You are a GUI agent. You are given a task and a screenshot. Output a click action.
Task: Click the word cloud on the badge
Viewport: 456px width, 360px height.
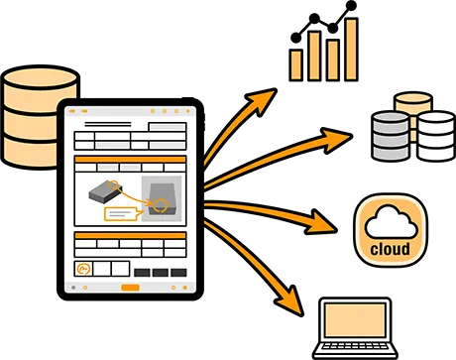coord(390,249)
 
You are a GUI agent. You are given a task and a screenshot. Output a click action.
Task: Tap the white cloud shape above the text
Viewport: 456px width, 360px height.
coord(391,221)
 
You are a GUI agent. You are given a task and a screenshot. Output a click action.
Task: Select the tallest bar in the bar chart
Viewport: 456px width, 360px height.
coord(351,50)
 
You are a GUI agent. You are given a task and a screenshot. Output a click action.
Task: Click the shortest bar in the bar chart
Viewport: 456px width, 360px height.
coord(295,64)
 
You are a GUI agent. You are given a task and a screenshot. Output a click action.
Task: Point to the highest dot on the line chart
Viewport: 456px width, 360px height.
coord(351,5)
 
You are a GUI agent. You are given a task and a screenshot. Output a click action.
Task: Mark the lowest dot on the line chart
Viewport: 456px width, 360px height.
coord(295,38)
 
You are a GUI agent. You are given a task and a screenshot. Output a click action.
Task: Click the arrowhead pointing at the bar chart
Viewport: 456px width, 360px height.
coord(263,100)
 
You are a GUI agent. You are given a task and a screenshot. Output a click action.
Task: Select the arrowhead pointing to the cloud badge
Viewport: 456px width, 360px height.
coord(319,223)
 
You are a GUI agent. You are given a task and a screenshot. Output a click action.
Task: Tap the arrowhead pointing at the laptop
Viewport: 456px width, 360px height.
coord(290,300)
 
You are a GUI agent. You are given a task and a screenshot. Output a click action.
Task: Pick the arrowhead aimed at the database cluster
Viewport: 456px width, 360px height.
coord(335,140)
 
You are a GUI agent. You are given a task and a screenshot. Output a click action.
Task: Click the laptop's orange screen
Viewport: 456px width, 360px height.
coord(355,320)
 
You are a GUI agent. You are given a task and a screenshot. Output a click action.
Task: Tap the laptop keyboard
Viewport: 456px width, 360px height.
coord(355,346)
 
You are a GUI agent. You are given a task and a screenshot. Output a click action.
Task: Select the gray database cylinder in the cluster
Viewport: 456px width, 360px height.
coord(391,136)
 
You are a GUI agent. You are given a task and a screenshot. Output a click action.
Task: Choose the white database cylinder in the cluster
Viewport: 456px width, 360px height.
coord(436,136)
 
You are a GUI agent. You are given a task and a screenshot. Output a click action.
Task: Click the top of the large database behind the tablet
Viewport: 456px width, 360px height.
coord(41,77)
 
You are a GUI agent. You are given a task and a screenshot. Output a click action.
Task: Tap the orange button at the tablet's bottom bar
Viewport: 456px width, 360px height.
coord(130,288)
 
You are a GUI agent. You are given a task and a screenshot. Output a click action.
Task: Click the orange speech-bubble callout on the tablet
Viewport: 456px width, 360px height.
coord(121,214)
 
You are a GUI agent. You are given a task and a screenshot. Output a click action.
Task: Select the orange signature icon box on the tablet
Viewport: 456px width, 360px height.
coord(83,269)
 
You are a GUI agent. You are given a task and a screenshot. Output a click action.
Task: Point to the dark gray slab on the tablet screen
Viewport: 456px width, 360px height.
coord(105,191)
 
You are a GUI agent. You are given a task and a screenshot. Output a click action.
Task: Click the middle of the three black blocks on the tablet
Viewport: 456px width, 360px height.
coord(161,273)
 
